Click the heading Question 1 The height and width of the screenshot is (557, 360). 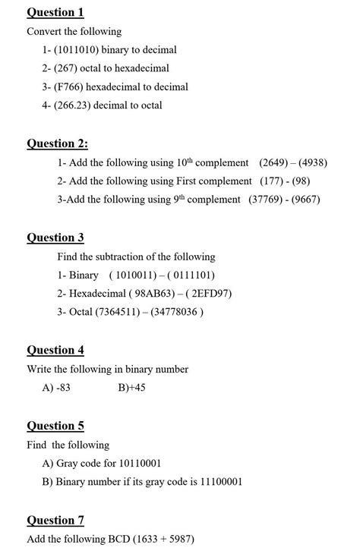click(x=55, y=12)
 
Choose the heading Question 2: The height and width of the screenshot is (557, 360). click(x=57, y=143)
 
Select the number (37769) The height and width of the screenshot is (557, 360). click(x=267, y=199)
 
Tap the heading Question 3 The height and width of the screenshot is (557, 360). click(x=55, y=238)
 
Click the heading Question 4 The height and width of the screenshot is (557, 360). click(x=55, y=350)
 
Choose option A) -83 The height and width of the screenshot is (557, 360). click(x=57, y=387)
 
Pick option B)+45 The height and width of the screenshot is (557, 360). click(x=131, y=387)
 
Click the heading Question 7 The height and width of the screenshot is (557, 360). click(x=55, y=520)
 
